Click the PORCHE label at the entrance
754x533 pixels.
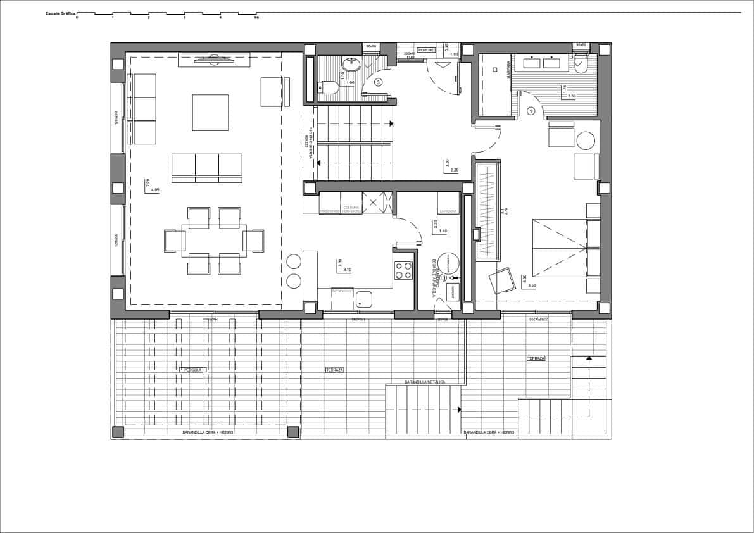(x=427, y=49)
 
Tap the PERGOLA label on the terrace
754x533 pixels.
(x=192, y=370)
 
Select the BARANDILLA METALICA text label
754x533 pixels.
(x=425, y=382)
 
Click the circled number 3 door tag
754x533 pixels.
(x=379, y=82)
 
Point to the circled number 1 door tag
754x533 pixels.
(x=531, y=110)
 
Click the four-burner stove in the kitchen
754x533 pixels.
(x=403, y=270)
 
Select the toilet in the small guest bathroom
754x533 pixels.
(x=327, y=87)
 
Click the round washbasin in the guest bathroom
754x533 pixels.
(x=351, y=63)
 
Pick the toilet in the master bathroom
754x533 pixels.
(x=582, y=63)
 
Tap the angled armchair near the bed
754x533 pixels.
(x=502, y=280)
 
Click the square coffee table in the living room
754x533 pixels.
(x=210, y=112)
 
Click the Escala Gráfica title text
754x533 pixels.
(x=60, y=13)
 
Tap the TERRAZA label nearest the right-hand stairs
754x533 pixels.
(x=536, y=358)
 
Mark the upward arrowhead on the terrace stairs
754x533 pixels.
(x=589, y=358)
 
